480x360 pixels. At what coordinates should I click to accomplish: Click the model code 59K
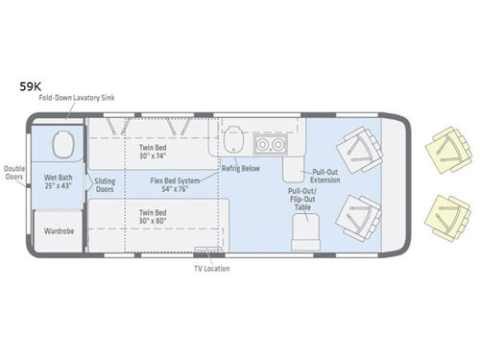pos(32,85)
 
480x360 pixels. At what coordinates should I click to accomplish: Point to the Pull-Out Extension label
pos(323,177)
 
